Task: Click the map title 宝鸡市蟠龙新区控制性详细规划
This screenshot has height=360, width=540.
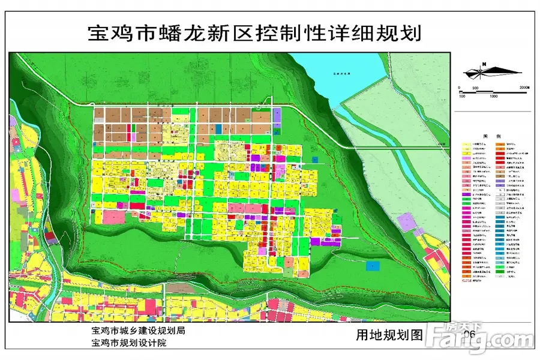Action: coord(254,33)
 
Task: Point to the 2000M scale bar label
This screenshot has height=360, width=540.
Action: coord(525,87)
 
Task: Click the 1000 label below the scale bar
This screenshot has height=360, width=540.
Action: coord(493,96)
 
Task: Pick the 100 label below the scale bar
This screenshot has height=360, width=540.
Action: coord(462,96)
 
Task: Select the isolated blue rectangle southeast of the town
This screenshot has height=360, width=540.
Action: coord(373,264)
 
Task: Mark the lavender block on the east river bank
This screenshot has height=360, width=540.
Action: coord(407,223)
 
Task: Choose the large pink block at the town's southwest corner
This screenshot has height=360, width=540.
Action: coord(112,217)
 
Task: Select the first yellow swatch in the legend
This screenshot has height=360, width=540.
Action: coord(466,145)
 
